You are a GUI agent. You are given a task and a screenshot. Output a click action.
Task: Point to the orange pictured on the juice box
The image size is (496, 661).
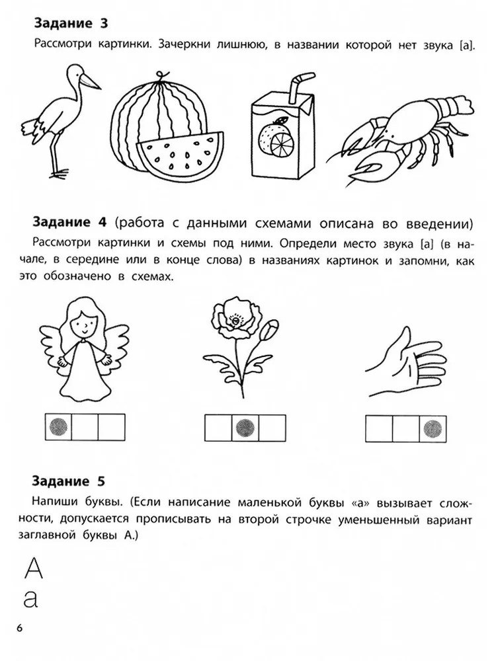click(274, 139)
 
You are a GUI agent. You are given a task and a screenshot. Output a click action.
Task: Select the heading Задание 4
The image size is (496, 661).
click(71, 220)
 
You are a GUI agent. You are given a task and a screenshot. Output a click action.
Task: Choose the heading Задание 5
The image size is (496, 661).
click(71, 481)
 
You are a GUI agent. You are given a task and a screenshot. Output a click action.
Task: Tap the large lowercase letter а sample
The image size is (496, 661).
click(31, 600)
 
